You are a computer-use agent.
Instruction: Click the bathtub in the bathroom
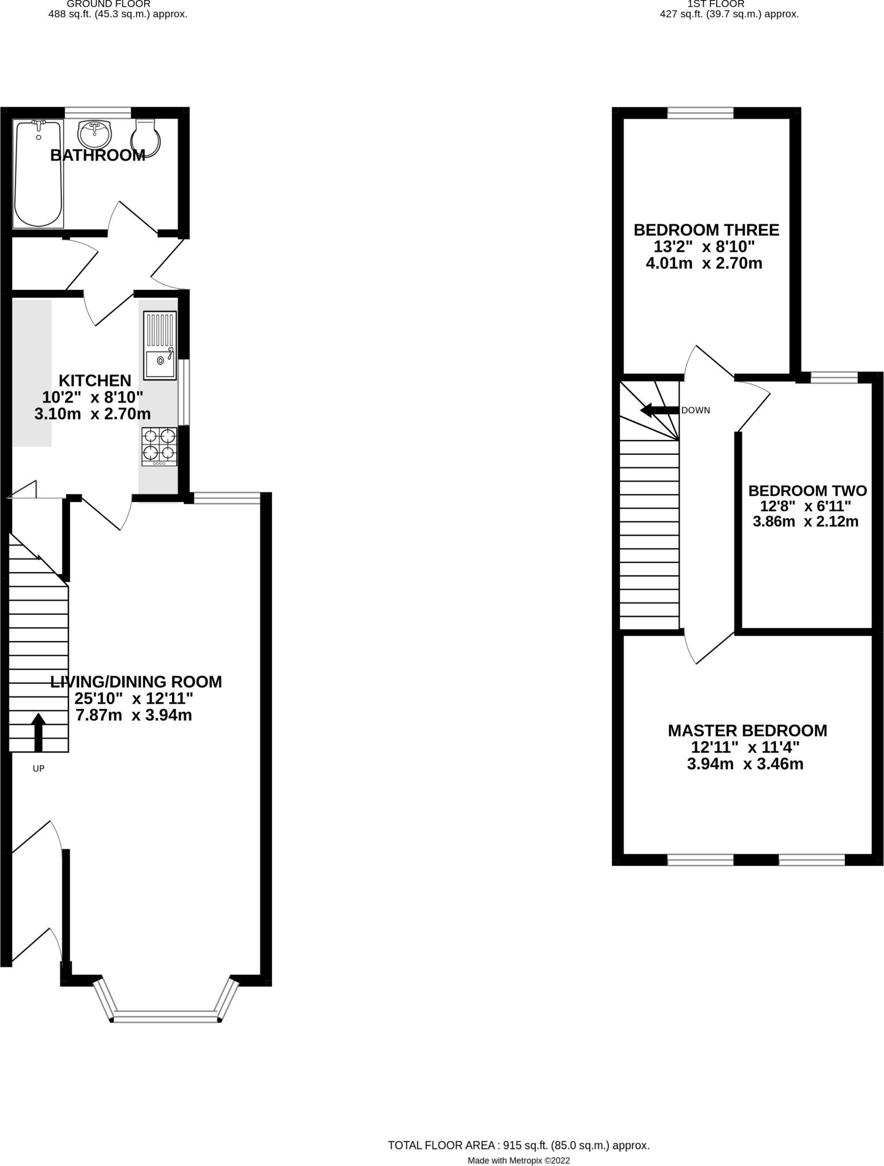(x=38, y=174)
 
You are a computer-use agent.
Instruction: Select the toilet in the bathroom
(x=146, y=138)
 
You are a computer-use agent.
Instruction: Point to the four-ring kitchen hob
(x=159, y=446)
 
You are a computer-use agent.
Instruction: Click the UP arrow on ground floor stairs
(x=38, y=732)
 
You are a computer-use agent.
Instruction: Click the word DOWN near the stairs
(x=696, y=410)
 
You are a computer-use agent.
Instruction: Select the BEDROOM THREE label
(x=706, y=230)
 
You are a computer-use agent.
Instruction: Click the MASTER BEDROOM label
(x=747, y=730)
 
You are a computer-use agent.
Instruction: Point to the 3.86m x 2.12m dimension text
(x=805, y=522)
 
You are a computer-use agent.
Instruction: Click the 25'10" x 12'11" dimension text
(x=134, y=699)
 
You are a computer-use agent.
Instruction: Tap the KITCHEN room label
(x=95, y=380)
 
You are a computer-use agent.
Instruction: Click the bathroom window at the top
(x=97, y=113)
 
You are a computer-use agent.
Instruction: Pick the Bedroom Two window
(x=834, y=377)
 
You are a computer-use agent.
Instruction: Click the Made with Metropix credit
(x=518, y=1160)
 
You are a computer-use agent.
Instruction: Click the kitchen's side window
(x=184, y=392)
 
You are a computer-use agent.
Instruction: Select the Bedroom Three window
(x=700, y=113)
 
